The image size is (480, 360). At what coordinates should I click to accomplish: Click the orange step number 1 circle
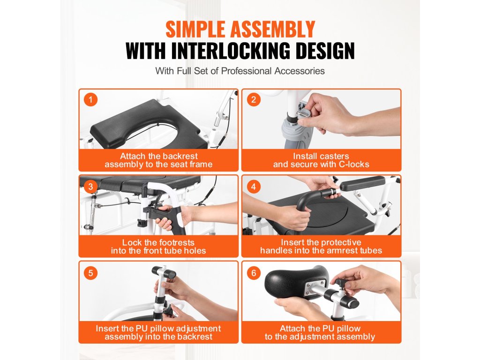pyautogui.click(x=90, y=99)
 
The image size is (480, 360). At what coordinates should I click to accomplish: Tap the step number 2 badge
pyautogui.click(x=254, y=99)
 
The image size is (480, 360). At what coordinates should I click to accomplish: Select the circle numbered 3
pyautogui.click(x=90, y=187)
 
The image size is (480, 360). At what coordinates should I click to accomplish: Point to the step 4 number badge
pyautogui.click(x=254, y=187)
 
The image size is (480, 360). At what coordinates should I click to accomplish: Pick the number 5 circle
pyautogui.click(x=90, y=273)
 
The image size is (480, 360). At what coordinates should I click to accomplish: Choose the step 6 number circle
pyautogui.click(x=254, y=273)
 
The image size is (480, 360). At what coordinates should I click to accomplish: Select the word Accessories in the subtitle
pyautogui.click(x=300, y=71)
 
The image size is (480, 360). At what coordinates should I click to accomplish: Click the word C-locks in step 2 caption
pyautogui.click(x=353, y=165)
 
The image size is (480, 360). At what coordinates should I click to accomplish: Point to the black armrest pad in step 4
pyautogui.click(x=362, y=183)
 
